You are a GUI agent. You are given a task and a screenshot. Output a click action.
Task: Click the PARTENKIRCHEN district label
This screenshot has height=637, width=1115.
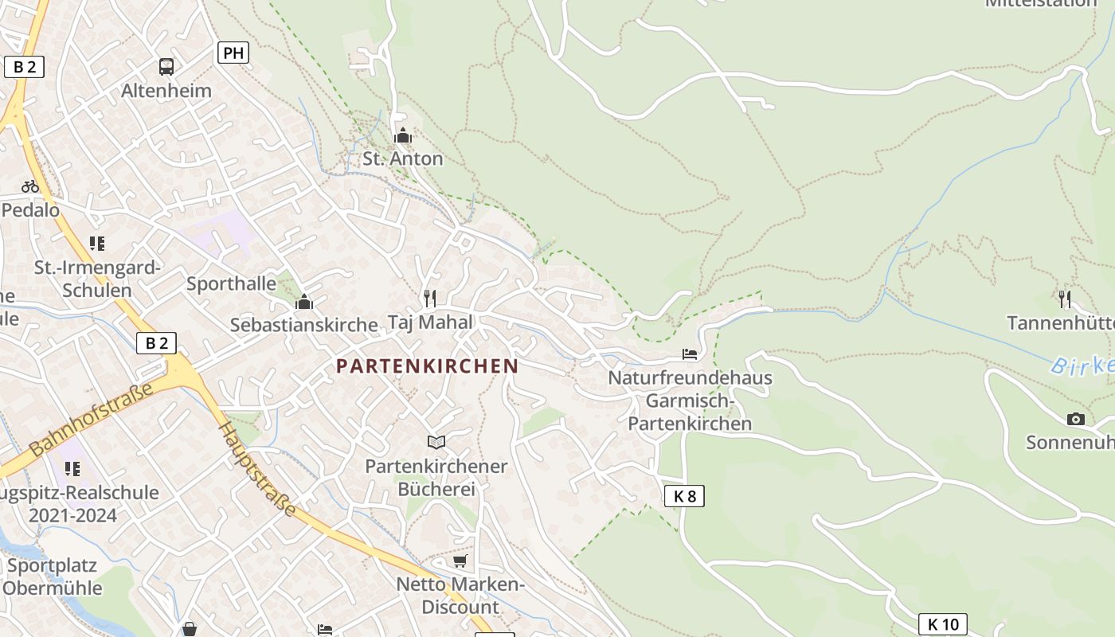(427, 366)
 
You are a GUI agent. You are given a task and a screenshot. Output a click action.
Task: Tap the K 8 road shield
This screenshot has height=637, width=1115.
(684, 496)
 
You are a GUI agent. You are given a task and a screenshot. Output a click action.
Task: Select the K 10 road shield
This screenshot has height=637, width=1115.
(943, 624)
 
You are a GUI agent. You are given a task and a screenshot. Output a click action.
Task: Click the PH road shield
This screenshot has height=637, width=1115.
(233, 53)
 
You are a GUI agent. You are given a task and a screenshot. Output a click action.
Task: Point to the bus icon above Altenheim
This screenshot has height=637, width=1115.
(166, 67)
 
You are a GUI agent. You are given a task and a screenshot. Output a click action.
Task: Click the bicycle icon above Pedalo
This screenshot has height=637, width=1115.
(30, 186)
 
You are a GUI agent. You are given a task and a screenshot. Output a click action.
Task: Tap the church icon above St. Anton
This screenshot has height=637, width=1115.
(403, 135)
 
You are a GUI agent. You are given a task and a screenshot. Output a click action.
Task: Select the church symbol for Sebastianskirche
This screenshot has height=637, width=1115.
(303, 302)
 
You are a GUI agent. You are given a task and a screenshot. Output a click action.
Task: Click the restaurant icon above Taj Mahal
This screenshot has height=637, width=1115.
(430, 299)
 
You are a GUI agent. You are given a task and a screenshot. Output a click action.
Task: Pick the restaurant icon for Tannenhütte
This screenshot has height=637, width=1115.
(1065, 299)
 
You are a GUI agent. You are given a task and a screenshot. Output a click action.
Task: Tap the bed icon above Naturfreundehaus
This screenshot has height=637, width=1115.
(690, 354)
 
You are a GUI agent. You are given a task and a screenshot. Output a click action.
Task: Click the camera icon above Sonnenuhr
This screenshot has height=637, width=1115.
(1075, 419)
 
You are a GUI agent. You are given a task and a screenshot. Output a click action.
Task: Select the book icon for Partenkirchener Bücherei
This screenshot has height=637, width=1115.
(436, 442)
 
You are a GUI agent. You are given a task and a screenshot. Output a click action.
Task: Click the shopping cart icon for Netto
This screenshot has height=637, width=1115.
(460, 561)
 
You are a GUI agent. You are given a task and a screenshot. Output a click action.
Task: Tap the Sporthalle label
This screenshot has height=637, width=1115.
(231, 283)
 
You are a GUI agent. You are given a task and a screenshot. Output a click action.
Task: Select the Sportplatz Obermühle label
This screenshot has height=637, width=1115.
(52, 577)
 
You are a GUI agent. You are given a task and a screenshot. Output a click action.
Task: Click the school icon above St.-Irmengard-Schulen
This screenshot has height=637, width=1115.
(97, 244)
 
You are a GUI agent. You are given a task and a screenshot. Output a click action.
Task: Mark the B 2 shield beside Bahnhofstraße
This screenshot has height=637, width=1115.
(156, 343)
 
